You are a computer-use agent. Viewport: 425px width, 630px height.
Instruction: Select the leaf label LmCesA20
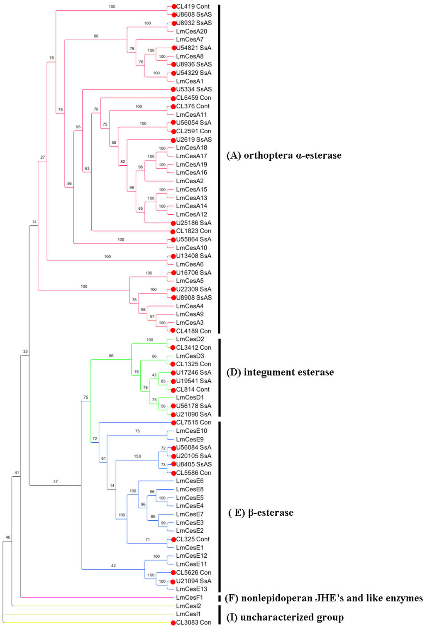pyautogui.click(x=191, y=31)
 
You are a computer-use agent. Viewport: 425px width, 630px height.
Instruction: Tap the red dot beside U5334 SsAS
pyautogui.click(x=173, y=89)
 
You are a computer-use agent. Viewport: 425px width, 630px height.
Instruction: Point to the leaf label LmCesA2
pyautogui.click(x=190, y=181)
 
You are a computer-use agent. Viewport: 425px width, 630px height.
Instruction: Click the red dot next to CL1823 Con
pyautogui.click(x=173, y=231)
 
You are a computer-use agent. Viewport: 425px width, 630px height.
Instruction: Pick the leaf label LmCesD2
pyautogui.click(x=190, y=339)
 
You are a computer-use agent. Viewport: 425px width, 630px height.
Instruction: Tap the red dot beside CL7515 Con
pyautogui.click(x=173, y=423)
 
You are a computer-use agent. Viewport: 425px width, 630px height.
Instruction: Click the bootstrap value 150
pyautogui.click(x=137, y=456)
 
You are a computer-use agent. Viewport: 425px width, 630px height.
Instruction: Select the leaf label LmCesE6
pyautogui.click(x=190, y=481)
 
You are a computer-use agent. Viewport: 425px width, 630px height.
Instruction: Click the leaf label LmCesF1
pyautogui.click(x=189, y=598)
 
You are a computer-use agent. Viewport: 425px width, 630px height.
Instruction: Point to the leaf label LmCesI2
pyautogui.click(x=188, y=606)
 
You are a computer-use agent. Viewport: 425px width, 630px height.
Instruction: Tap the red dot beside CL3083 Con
pyautogui.click(x=173, y=623)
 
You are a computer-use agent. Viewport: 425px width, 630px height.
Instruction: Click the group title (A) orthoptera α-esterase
pyautogui.click(x=284, y=155)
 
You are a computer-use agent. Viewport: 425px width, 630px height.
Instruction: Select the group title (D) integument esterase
pyautogui.click(x=280, y=372)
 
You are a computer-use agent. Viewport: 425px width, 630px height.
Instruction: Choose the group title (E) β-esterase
pyautogui.click(x=261, y=512)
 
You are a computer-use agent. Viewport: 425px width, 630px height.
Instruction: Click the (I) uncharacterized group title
pyautogui.click(x=285, y=618)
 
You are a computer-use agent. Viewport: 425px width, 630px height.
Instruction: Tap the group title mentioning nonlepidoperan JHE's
pyautogui.click(x=324, y=598)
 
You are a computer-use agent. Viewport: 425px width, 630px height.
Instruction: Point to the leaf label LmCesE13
pyautogui.click(x=191, y=589)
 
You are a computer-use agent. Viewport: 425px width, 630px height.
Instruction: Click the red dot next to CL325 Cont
pyautogui.click(x=173, y=540)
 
